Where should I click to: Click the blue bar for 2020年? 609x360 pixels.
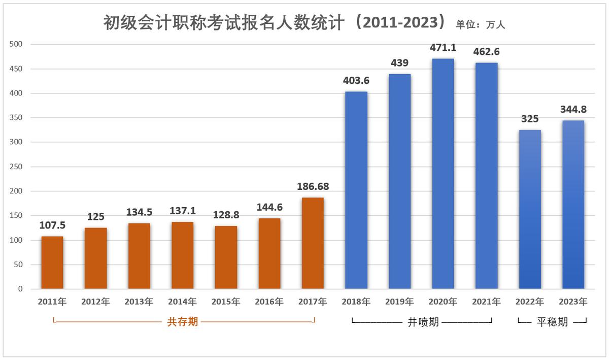coord(443,174)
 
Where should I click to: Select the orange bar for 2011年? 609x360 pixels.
coord(52,263)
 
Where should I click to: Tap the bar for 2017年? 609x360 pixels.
coord(313,243)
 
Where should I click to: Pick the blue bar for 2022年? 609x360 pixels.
coord(530,209)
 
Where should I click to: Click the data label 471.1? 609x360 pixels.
coord(443,48)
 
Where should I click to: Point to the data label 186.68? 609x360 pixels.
coord(313,187)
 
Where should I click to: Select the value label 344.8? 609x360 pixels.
coord(573,109)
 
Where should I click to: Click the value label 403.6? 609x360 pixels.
coord(356,81)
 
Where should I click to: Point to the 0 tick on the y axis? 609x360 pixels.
coord(20,289)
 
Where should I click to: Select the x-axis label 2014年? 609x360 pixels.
coord(182,302)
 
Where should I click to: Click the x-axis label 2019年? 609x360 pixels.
coord(399,302)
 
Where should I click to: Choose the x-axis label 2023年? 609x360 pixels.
coord(573,302)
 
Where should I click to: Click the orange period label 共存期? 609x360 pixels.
coord(183,322)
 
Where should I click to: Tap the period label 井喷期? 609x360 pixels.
coord(423,322)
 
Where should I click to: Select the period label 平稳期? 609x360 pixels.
coord(552,322)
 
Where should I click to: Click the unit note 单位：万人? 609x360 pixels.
coord(481,24)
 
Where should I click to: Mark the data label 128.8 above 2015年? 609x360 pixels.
coord(226,215)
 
